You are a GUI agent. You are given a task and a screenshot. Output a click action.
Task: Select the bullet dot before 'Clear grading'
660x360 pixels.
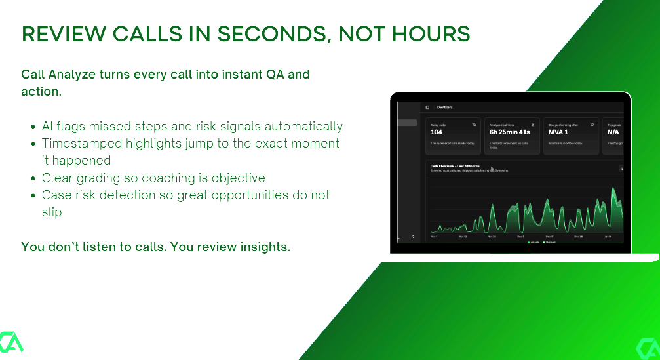click(33, 178)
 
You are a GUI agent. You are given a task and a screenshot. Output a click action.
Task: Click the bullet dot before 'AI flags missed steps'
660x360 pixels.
click(33, 127)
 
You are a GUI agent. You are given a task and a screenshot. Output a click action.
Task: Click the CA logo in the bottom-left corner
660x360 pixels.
click(11, 342)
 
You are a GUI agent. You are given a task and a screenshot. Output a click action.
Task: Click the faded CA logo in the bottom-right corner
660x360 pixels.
click(648, 346)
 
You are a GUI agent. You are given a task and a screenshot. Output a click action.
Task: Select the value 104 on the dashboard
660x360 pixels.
click(437, 132)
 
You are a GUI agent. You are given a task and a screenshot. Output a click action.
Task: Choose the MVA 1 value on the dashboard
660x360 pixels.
click(558, 132)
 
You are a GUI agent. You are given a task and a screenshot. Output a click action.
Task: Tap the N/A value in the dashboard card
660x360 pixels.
click(613, 132)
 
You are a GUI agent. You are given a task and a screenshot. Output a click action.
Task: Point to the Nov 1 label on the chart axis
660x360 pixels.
click(434, 236)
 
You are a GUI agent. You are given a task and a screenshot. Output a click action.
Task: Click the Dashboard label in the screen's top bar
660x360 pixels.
click(445, 107)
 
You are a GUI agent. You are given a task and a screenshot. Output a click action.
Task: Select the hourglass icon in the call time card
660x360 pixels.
click(533, 124)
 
